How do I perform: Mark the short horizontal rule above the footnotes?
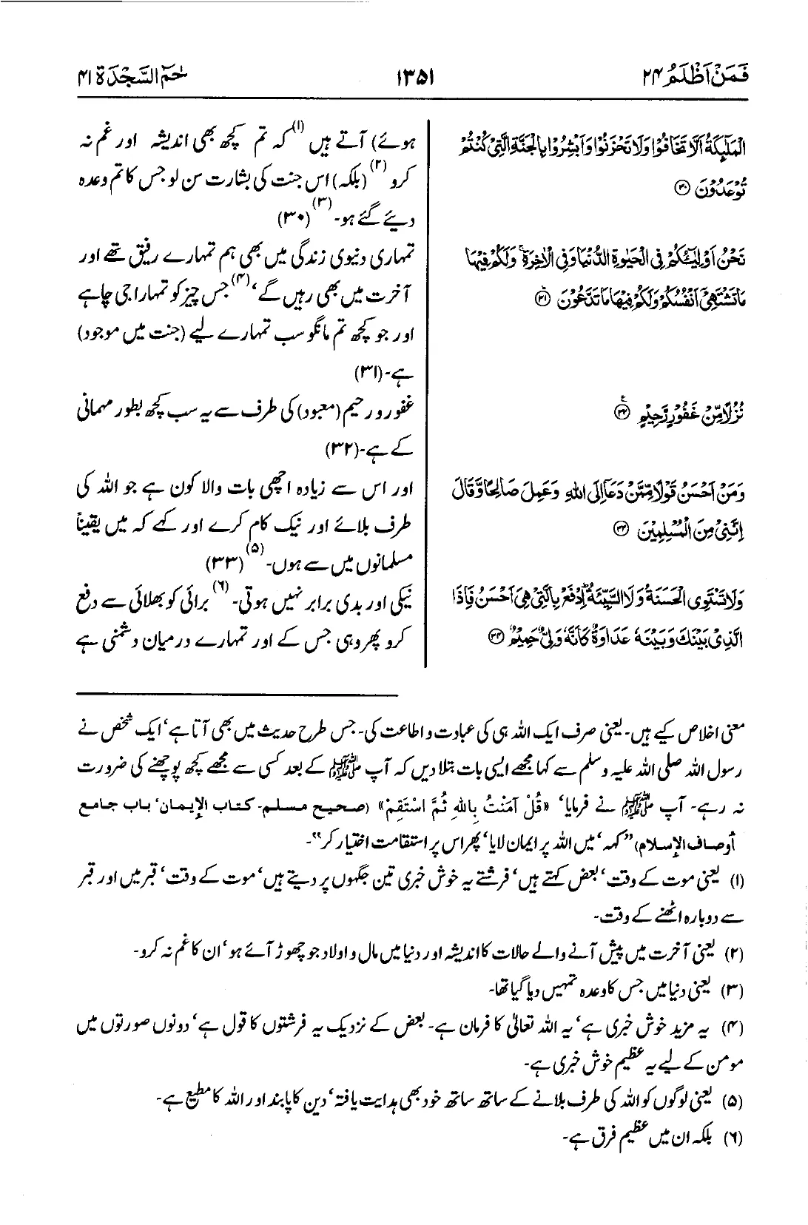pyautogui.click(x=238, y=694)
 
